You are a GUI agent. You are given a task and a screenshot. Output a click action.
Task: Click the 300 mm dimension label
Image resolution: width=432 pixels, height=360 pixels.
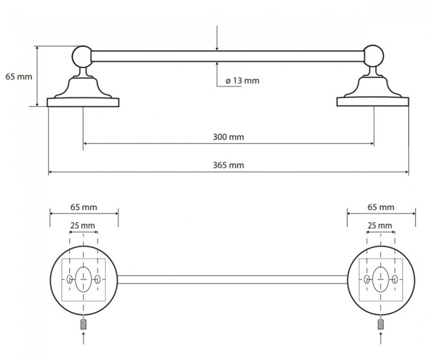[228, 137]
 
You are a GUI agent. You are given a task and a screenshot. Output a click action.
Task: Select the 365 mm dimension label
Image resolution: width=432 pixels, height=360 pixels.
[228, 165]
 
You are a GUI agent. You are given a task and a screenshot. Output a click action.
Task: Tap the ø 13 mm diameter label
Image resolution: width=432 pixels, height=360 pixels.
[243, 81]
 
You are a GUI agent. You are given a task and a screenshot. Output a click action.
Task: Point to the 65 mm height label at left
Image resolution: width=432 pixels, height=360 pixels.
[19, 76]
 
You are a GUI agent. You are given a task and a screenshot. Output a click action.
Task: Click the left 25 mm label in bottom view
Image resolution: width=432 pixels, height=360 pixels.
[83, 225]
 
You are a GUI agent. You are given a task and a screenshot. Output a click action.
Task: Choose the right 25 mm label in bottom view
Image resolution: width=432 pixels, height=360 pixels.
[379, 225]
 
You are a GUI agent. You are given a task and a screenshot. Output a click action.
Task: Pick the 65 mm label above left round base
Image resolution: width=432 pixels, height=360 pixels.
[84, 207]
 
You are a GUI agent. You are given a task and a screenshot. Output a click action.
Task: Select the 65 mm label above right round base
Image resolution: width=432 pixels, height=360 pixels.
[381, 207]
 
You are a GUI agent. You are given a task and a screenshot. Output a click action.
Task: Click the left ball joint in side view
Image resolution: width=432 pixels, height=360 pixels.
[83, 56]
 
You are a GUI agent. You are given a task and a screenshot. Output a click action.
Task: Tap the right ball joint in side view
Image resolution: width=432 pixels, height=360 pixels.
[373, 56]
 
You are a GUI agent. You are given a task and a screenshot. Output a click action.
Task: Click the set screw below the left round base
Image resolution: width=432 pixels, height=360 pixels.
[84, 324]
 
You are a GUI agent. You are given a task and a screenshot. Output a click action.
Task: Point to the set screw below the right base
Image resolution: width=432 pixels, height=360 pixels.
[380, 324]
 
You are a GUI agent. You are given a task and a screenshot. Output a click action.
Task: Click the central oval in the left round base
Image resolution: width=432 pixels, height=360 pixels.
[83, 279]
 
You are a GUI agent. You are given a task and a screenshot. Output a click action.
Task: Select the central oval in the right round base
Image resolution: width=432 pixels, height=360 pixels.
[380, 279]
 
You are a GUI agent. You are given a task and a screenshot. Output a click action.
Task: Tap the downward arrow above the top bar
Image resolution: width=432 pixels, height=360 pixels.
[217, 38]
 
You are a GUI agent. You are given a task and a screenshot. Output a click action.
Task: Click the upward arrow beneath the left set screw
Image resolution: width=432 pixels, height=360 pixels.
[84, 338]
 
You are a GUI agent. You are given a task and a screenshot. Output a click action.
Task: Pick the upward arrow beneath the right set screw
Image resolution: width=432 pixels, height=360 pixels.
[380, 338]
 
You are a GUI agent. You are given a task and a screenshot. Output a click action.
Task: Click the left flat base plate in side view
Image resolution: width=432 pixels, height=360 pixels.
[83, 102]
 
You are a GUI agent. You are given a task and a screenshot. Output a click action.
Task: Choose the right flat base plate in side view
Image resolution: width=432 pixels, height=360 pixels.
[373, 102]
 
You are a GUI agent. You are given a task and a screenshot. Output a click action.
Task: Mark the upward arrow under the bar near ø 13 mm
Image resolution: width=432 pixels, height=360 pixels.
[217, 74]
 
